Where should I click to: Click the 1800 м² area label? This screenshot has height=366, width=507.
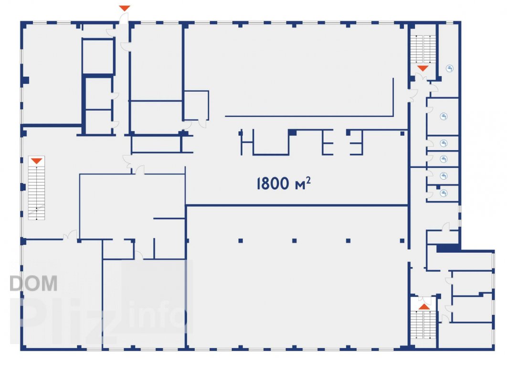pyautogui.click(x=284, y=183)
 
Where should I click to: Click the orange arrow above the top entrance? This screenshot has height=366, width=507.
pyautogui.click(x=125, y=8)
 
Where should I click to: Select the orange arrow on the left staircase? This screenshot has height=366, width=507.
pyautogui.click(x=36, y=161)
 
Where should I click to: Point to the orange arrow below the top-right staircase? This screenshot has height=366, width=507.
pyautogui.click(x=422, y=69)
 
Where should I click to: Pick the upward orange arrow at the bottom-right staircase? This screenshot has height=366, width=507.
pyautogui.click(x=424, y=306)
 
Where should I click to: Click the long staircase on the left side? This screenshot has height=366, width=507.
pyautogui.click(x=36, y=188)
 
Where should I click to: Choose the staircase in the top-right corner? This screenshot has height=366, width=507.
pyautogui.click(x=423, y=49)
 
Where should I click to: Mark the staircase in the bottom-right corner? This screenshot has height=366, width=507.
pyautogui.click(x=423, y=325)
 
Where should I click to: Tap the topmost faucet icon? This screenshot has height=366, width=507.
pyautogui.click(x=450, y=69)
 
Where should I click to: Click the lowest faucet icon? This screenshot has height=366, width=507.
pyautogui.click(x=444, y=193)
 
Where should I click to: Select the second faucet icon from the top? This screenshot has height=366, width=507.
pyautogui.click(x=444, y=116)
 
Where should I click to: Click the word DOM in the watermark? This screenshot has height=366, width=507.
pyautogui.click(x=33, y=284)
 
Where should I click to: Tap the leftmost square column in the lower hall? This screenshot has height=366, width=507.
pyautogui.click(x=241, y=241)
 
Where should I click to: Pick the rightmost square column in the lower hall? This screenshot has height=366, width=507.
pyautogui.click(x=402, y=241)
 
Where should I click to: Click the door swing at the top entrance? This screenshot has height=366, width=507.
pyautogui.click(x=124, y=19)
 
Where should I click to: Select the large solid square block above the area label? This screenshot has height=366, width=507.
pyautogui.click(x=292, y=132)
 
